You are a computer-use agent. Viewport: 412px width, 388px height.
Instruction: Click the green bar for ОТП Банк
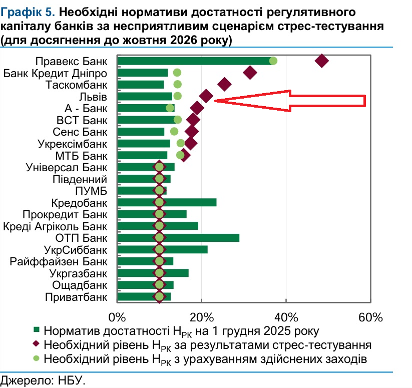coord(200,237)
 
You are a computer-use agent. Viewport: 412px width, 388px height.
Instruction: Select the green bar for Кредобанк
coord(190,202)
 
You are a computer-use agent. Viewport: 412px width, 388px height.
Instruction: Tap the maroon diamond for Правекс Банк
coord(321,61)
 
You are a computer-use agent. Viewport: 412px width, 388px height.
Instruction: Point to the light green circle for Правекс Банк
coord(273,61)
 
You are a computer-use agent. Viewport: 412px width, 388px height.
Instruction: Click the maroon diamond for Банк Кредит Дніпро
coord(250,73)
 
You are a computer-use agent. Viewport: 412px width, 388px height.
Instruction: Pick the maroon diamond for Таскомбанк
coord(225,84)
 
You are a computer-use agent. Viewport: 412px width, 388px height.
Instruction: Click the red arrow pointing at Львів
coord(290,101)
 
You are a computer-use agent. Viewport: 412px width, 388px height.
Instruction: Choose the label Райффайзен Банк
coord(59,261)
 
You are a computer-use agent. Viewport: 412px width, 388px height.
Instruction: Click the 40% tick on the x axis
coord(286,317)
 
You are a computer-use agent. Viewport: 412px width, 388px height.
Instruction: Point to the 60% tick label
coord(370,317)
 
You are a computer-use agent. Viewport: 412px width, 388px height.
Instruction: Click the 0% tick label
coord(117,317)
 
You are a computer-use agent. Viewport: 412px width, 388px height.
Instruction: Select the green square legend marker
coord(36,331)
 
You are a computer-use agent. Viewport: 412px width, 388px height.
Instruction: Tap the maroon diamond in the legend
coord(36,344)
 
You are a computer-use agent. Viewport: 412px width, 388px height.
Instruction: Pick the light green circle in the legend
coord(36,358)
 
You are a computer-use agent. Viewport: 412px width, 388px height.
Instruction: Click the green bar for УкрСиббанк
coord(185,249)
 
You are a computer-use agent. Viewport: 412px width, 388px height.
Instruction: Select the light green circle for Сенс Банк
coord(174,132)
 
